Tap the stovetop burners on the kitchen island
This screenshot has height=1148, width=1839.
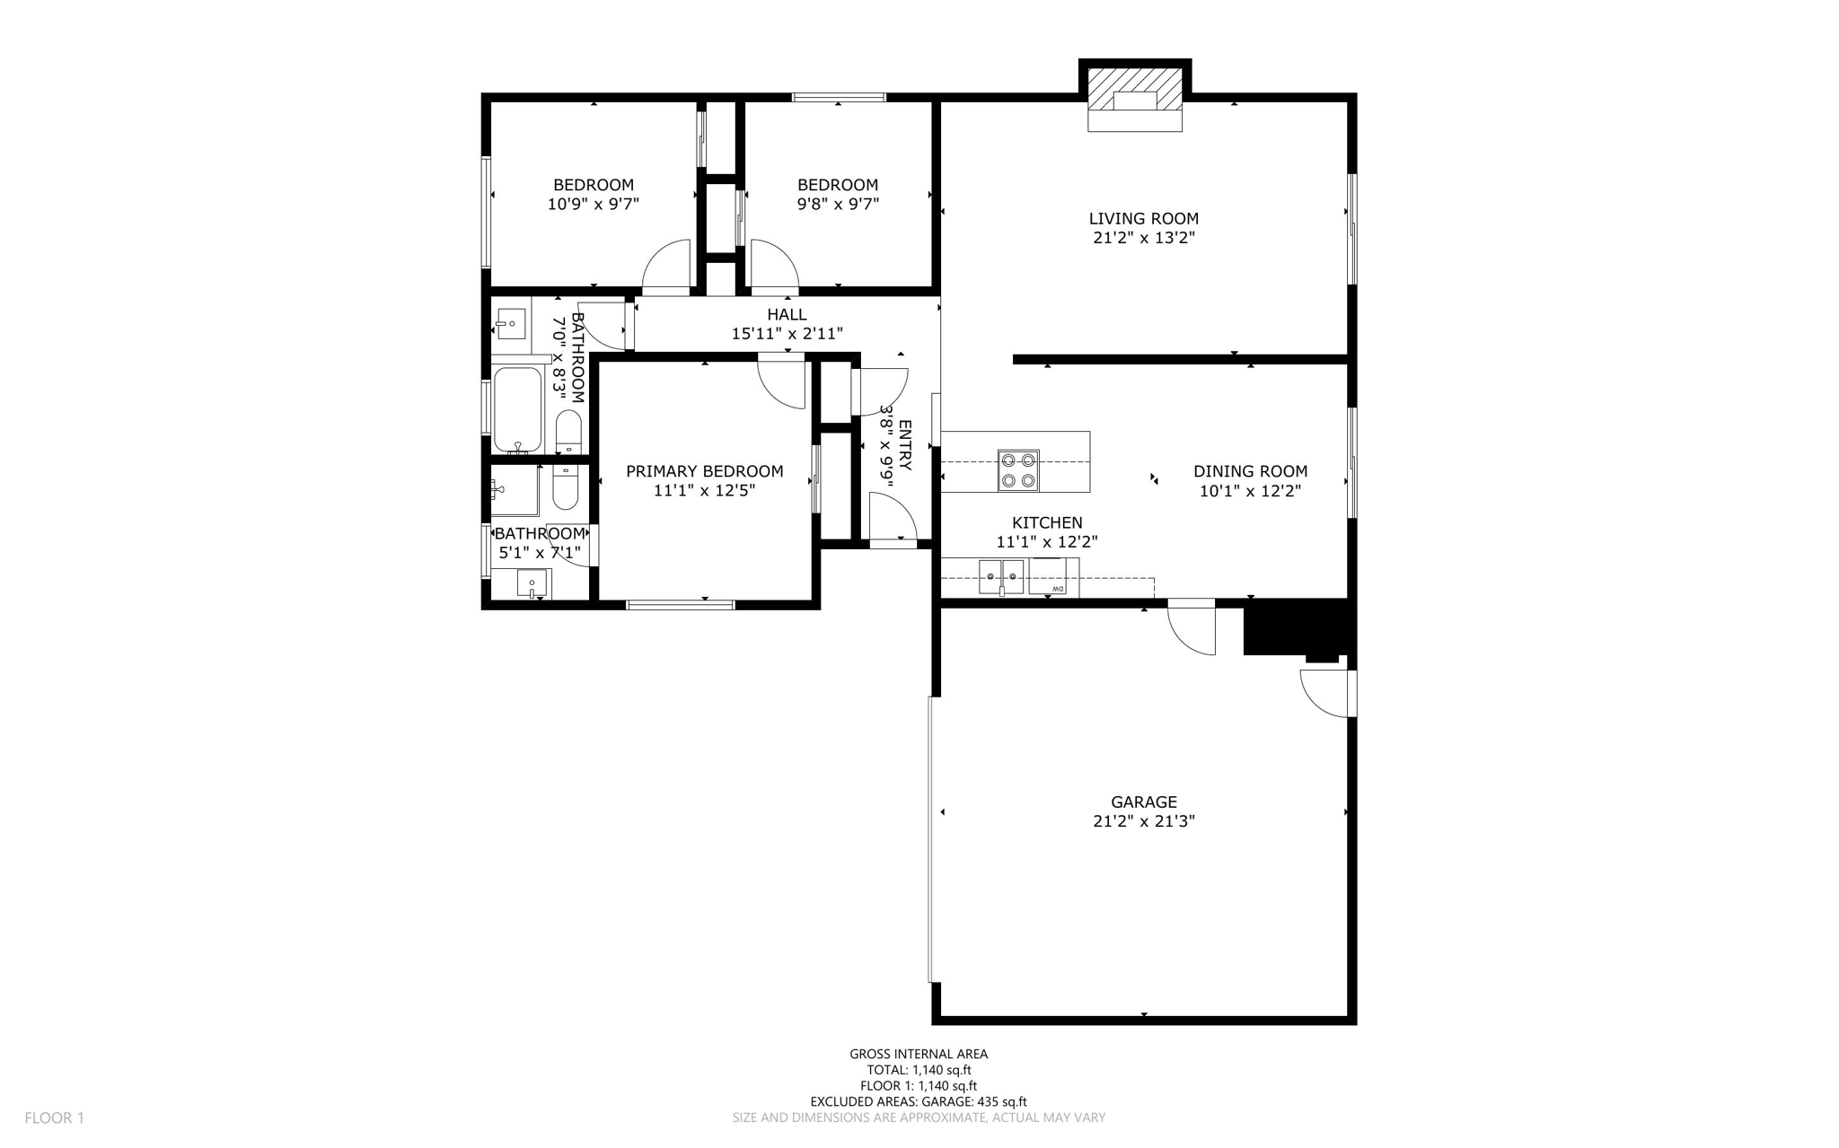pos(1017,470)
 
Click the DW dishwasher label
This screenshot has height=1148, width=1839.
pos(1058,589)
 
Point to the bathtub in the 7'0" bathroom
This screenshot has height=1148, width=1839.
pos(517,409)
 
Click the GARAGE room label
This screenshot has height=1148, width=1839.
pos(1143,802)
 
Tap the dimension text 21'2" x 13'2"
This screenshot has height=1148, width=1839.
pos(1143,238)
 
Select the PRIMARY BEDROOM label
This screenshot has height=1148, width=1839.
pos(704,471)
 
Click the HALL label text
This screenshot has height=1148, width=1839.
pos(787,314)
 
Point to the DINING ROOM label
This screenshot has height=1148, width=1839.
pos(1250,471)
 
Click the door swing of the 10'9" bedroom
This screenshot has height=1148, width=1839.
pos(665,266)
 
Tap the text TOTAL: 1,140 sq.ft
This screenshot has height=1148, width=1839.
pos(919,1070)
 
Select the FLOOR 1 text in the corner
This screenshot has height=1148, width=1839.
pos(54,1117)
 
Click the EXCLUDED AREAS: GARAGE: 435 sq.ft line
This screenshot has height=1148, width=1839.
pos(918,1101)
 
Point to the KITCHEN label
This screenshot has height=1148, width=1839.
pos(1047,522)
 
